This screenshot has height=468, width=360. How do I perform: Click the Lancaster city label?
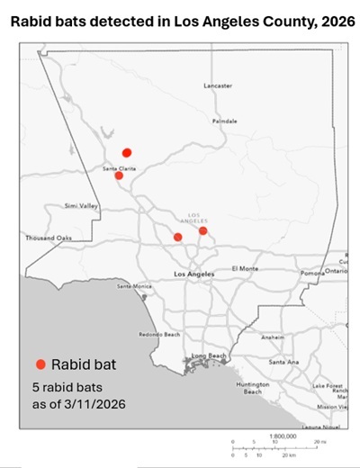coord(218,85)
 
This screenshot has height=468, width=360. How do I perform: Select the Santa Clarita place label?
coord(119,167)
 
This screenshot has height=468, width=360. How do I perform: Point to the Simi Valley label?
coord(80,206)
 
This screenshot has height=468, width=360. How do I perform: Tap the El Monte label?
coord(245,268)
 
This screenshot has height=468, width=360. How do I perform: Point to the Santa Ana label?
coord(283,362)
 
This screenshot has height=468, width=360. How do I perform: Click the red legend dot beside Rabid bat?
coord(40,364)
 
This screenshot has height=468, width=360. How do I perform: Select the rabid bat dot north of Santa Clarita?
coord(127,153)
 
